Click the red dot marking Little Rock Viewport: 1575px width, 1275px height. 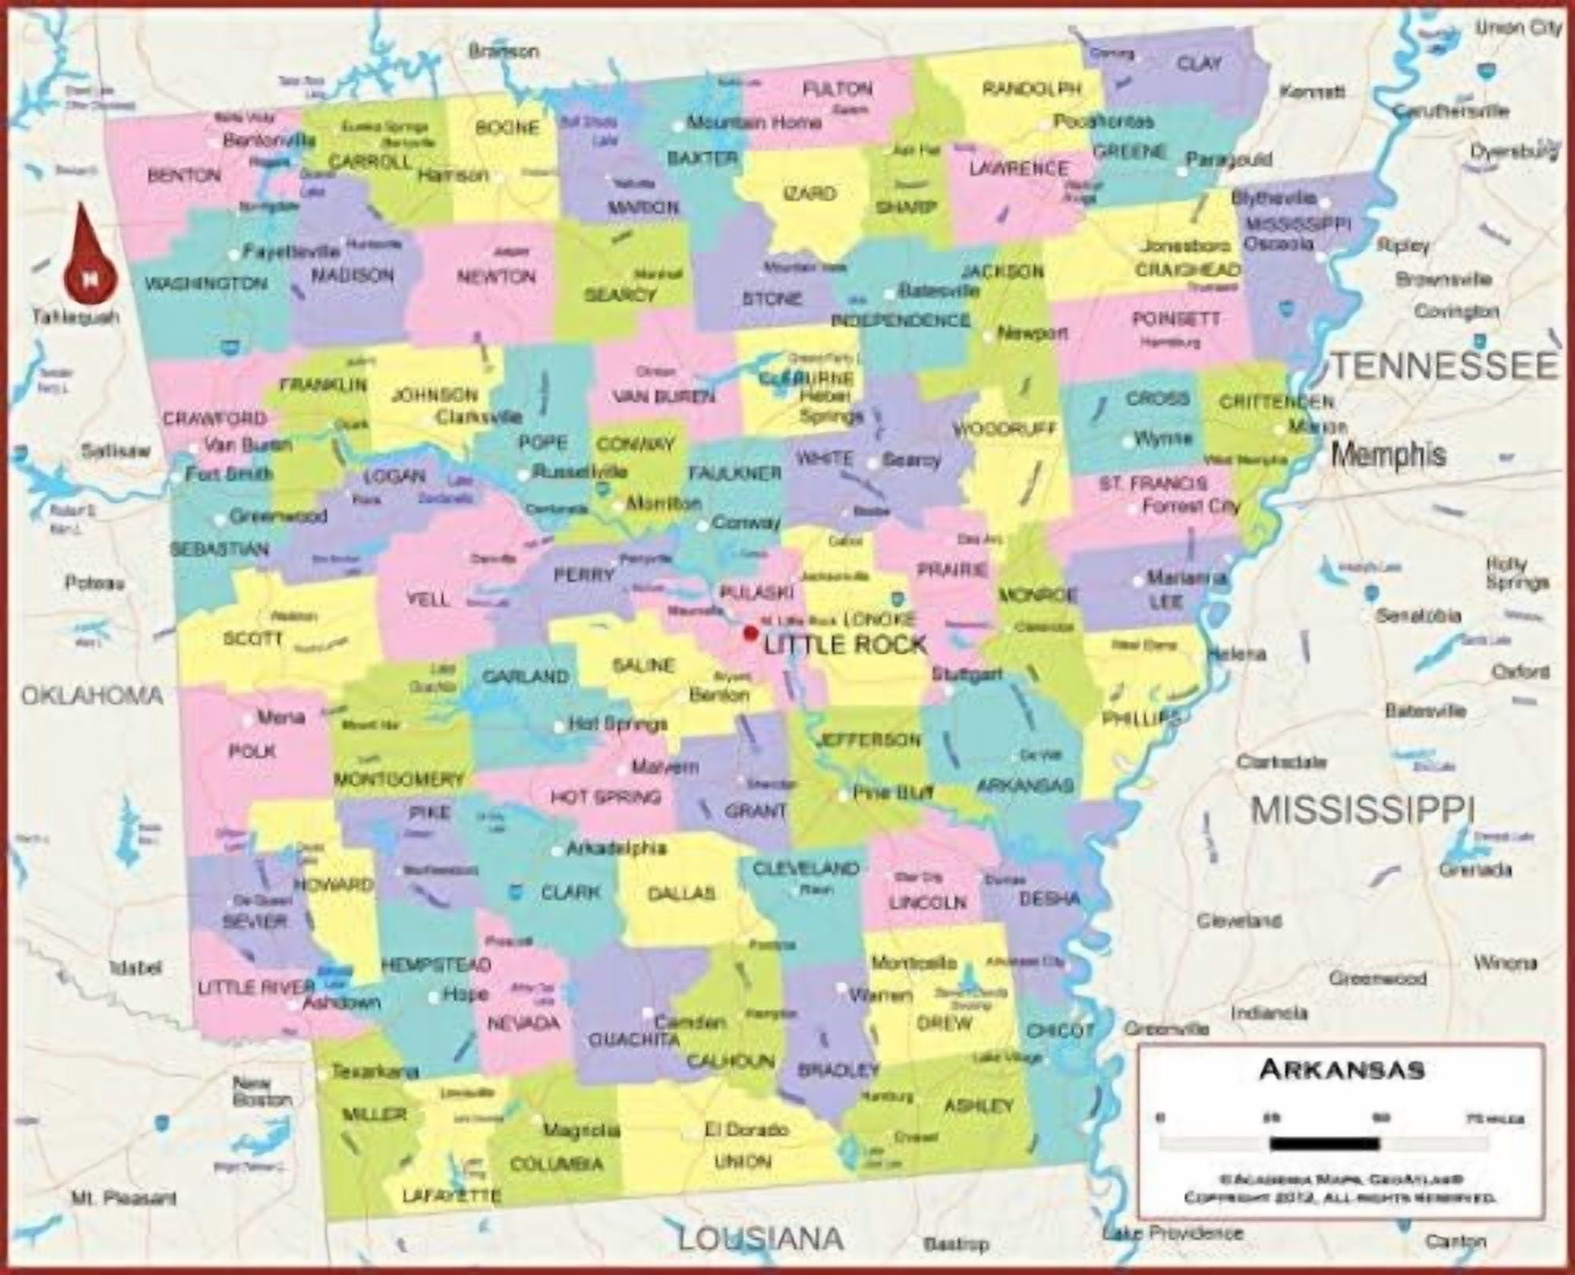point(750,632)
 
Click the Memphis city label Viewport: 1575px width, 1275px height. point(1388,454)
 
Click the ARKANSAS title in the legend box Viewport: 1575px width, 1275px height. point(1341,1070)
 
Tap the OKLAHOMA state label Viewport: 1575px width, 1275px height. point(92,696)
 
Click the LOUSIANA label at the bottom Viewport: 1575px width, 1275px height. point(760,1240)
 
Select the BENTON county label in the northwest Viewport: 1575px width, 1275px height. point(184,175)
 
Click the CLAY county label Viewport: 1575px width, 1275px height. point(1199,63)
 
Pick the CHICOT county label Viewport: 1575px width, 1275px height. point(1060,1030)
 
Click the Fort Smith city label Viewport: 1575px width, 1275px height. point(229,474)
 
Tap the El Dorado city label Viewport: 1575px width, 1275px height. point(746,1129)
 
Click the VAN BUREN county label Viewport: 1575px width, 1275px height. point(663,397)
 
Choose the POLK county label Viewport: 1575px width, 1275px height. point(252,752)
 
